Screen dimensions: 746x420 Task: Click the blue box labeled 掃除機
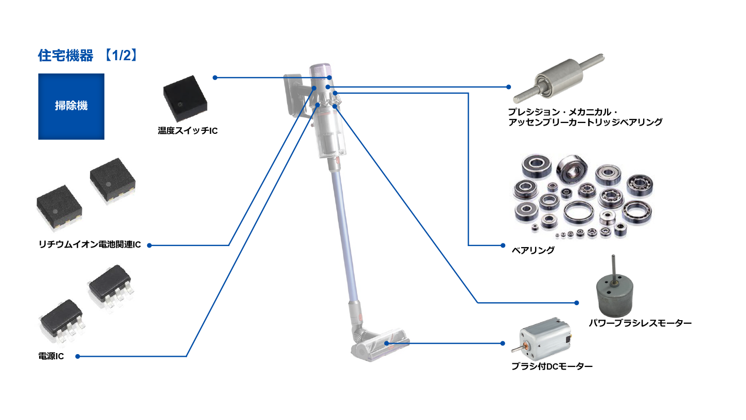pyautogui.click(x=72, y=107)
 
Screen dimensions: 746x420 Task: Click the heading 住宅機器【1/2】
pyautogui.click(x=88, y=55)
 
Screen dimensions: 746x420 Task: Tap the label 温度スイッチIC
pyautogui.click(x=188, y=131)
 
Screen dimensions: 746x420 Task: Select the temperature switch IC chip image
pyautogui.click(x=185, y=98)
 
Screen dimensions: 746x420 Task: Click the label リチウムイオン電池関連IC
pyautogui.click(x=90, y=244)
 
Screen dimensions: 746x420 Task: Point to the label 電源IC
pyautogui.click(x=51, y=356)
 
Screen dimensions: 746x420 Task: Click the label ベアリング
pyautogui.click(x=533, y=250)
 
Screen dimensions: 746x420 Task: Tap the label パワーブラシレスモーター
pyautogui.click(x=640, y=323)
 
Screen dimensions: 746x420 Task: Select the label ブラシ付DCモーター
pyautogui.click(x=552, y=366)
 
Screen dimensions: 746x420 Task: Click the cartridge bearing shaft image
pyautogui.click(x=559, y=78)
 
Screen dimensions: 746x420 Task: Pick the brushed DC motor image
pyautogui.click(x=541, y=338)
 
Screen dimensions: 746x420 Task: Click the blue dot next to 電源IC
pyautogui.click(x=78, y=356)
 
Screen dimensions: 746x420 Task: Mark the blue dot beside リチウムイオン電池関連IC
pyautogui.click(x=150, y=246)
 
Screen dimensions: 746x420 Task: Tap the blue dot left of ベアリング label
pyautogui.click(x=503, y=246)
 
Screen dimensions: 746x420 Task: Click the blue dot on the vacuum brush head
pyautogui.click(x=386, y=343)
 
